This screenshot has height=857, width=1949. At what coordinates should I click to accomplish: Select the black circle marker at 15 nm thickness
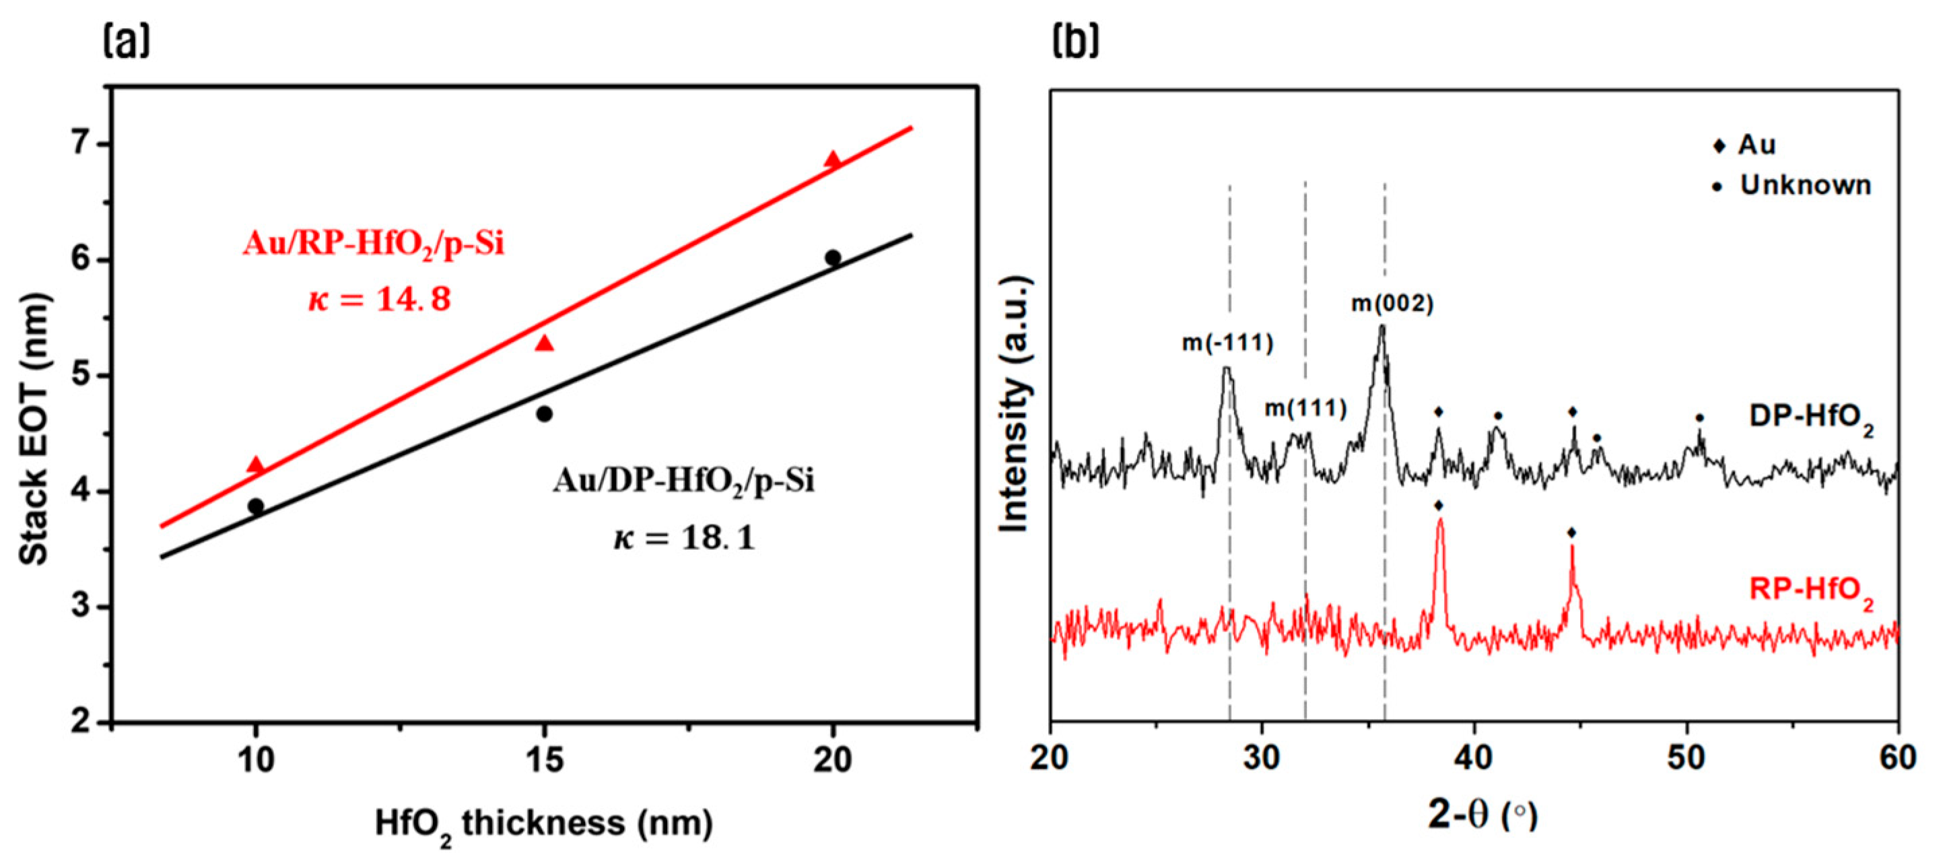coord(544,414)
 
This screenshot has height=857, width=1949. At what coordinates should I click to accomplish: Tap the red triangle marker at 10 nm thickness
coord(256,465)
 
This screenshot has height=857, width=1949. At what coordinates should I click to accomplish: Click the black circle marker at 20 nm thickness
coord(832,257)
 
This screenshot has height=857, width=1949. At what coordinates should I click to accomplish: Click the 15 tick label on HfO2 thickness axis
coord(543,759)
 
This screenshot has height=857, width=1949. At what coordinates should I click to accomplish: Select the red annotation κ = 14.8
coord(379,300)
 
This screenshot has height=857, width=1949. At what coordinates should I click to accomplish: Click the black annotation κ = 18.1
coord(683,539)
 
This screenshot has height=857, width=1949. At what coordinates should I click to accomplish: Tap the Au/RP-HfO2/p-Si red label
coord(373,245)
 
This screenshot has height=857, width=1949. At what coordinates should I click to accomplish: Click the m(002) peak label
coord(1392,304)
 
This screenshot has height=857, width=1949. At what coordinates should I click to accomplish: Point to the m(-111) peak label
coord(1227,343)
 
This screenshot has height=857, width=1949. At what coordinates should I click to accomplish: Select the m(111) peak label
coord(1306,409)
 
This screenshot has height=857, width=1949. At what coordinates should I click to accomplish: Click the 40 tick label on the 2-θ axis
coord(1474,758)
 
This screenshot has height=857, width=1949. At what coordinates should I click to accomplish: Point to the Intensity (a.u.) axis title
coord(1015,405)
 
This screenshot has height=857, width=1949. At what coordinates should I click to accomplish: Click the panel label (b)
coord(1075,42)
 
